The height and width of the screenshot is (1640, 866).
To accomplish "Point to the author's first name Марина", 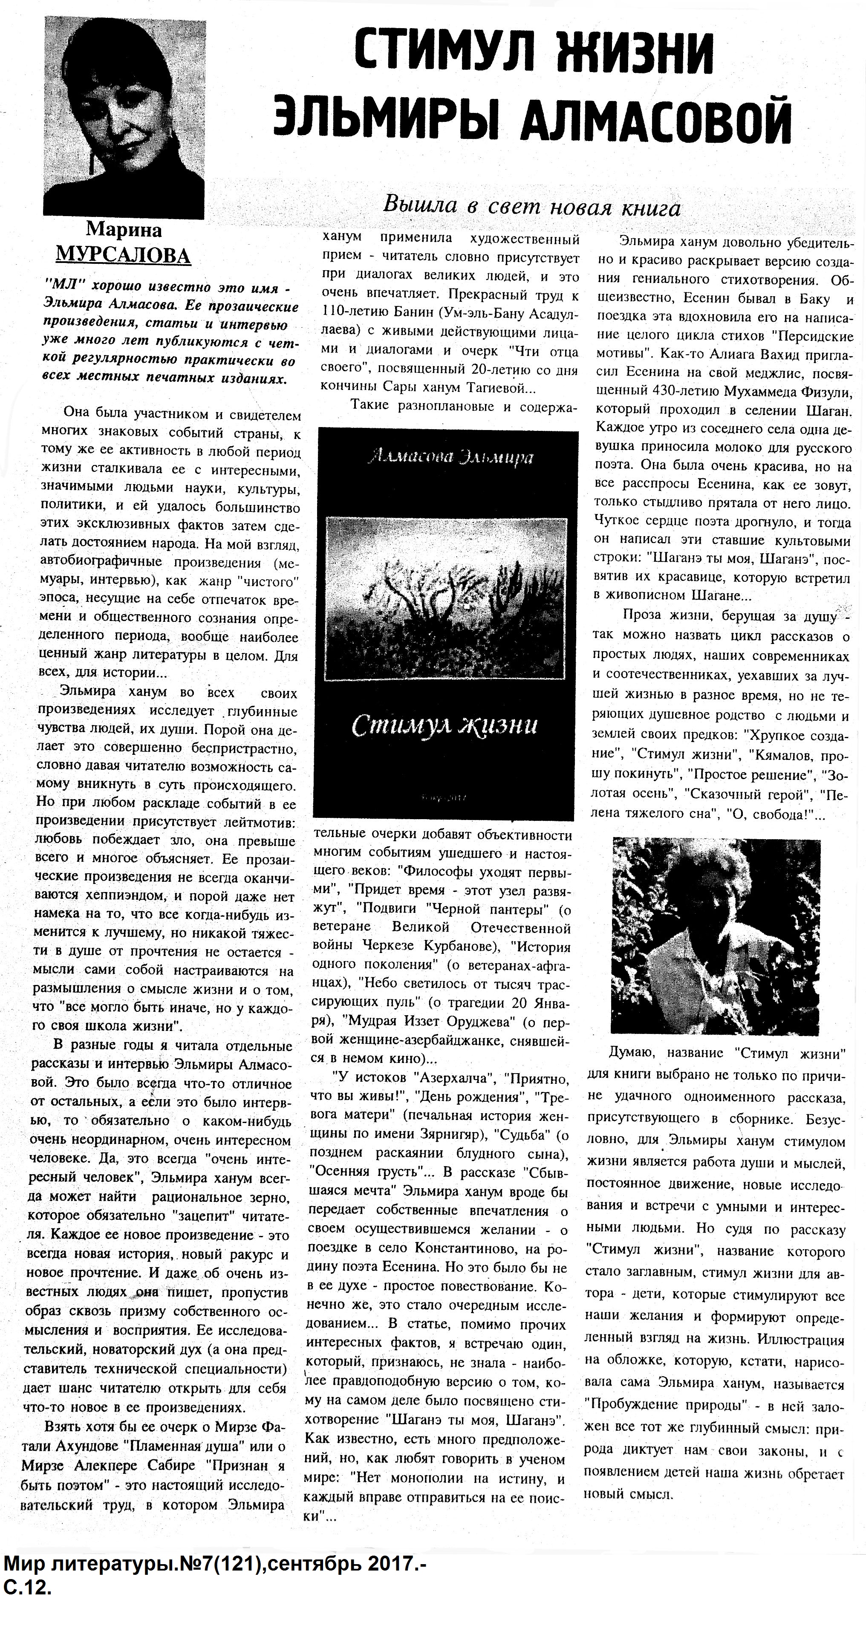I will click(124, 229).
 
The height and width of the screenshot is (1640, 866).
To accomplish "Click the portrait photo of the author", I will click(124, 115).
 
